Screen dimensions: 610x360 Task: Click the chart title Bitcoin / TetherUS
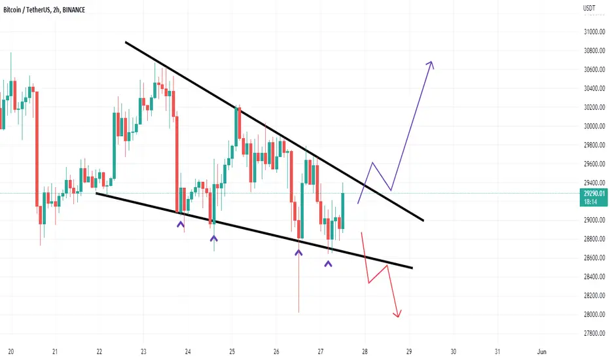coord(26,10)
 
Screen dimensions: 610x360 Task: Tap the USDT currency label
coord(589,8)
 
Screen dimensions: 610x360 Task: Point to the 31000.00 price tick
coord(594,32)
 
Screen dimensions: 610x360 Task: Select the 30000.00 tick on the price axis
coord(594,126)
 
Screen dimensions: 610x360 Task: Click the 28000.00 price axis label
coord(594,314)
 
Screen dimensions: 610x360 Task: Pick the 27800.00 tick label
coord(594,333)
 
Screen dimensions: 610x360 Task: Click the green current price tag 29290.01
coord(594,197)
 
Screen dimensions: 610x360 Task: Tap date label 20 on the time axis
coord(11,352)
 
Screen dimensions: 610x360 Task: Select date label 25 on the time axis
coord(232,352)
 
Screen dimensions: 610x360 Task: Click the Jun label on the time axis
coord(541,352)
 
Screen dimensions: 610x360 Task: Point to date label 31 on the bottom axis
coord(497,352)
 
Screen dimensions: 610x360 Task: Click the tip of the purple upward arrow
coord(431,62)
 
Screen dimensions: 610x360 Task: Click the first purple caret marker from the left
coord(181,224)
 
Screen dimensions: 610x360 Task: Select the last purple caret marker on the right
coord(329,264)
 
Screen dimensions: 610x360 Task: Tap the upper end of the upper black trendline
coord(125,42)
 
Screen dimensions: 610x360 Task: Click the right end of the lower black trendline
coord(412,268)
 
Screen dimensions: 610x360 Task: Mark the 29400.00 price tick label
coord(594,183)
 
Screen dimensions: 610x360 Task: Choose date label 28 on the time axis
coord(365,352)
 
